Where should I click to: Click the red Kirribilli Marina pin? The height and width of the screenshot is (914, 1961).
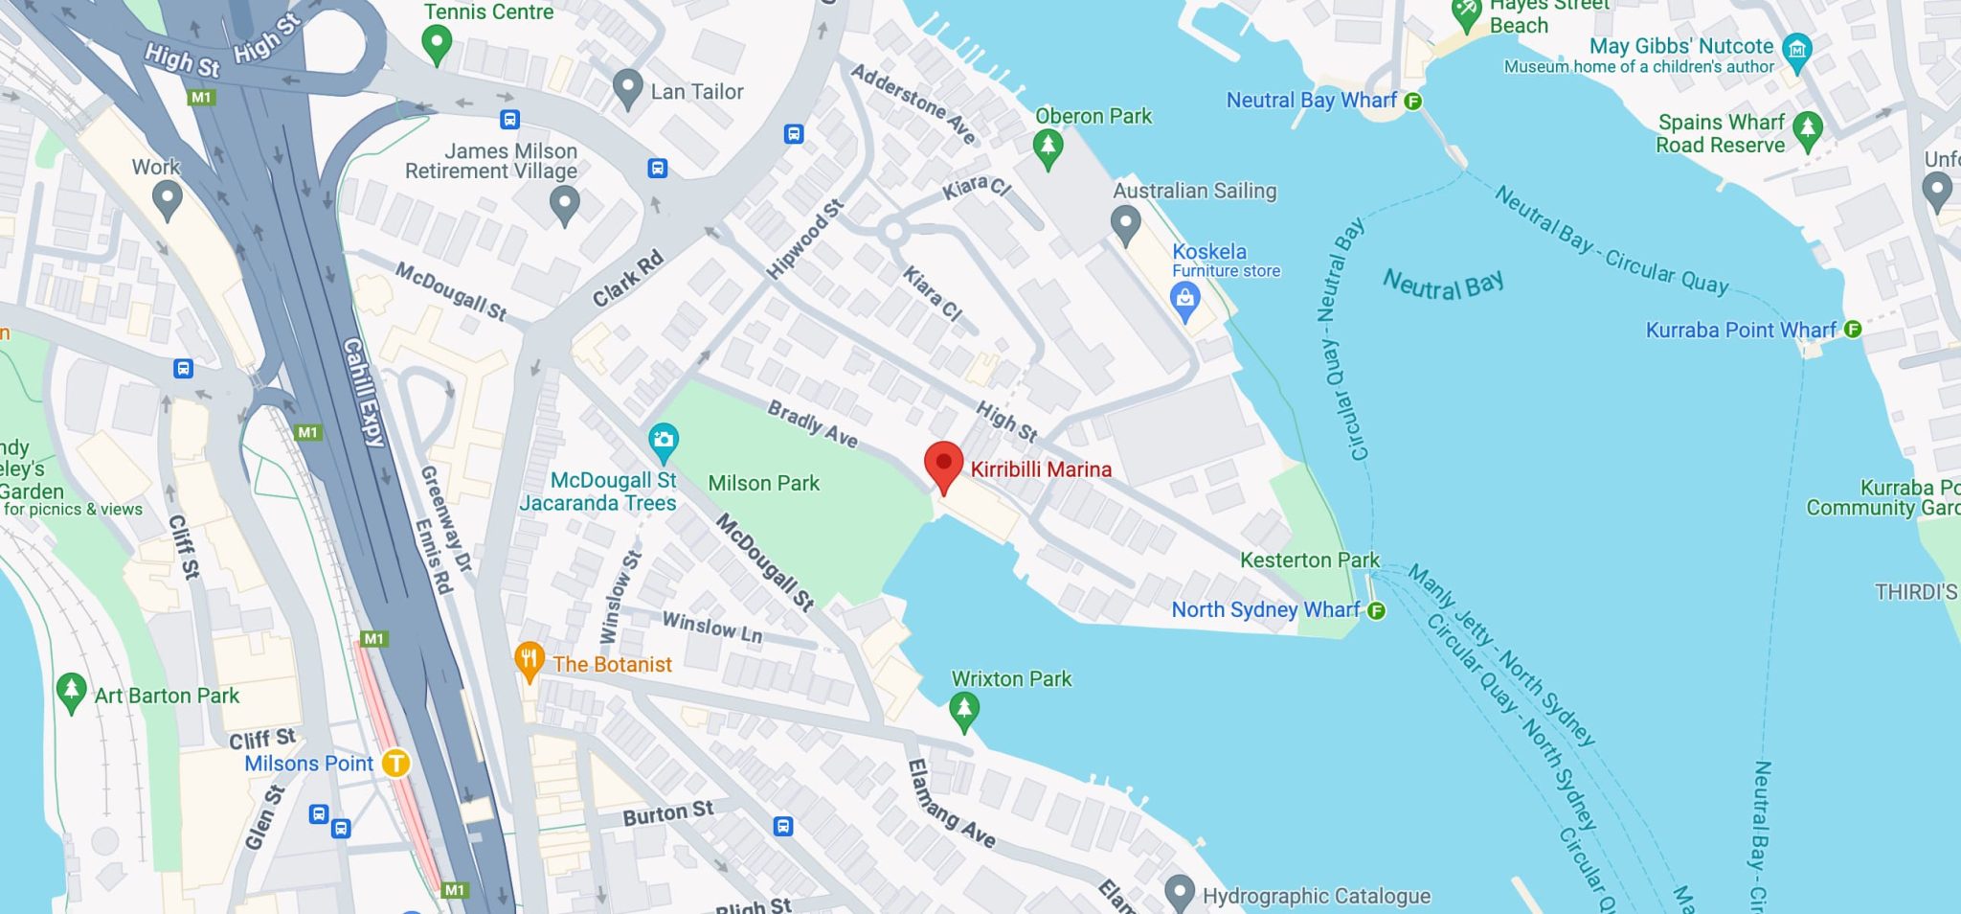click(x=943, y=465)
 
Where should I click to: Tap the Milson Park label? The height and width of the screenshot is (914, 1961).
click(x=763, y=483)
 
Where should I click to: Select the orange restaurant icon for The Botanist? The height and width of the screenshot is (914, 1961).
click(x=529, y=660)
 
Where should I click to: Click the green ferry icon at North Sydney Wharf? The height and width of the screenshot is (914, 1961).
click(x=1376, y=610)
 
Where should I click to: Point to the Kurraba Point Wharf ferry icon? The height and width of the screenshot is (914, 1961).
click(x=1853, y=330)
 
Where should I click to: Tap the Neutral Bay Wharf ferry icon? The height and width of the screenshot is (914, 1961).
click(x=1412, y=101)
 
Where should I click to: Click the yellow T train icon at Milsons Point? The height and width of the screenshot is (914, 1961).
click(x=395, y=764)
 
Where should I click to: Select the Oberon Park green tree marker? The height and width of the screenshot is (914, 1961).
click(x=1048, y=148)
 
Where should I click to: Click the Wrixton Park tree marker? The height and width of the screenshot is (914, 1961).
click(x=963, y=710)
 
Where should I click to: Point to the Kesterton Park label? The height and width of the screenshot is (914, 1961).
click(x=1309, y=560)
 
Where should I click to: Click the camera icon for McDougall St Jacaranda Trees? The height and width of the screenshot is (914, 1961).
click(x=663, y=441)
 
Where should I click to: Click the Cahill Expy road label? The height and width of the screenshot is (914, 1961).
click(x=363, y=392)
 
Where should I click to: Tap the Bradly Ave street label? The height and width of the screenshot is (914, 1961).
click(x=812, y=423)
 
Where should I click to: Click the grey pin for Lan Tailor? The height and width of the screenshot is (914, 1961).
click(x=627, y=88)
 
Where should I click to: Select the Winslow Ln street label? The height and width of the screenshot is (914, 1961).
click(x=711, y=628)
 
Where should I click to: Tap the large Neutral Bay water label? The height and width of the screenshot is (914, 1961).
click(x=1443, y=285)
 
